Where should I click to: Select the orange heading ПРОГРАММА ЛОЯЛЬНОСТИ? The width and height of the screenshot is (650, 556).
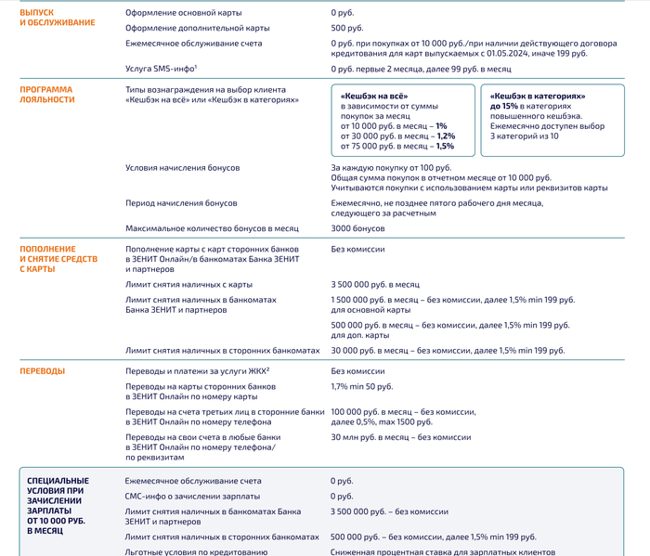click(46, 95)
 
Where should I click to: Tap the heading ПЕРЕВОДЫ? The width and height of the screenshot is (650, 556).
click(43, 371)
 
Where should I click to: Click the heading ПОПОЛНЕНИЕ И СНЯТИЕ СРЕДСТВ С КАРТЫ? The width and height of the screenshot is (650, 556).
click(58, 259)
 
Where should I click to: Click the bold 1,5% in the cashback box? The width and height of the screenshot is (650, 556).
click(445, 146)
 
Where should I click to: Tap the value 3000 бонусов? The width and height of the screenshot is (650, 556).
click(357, 228)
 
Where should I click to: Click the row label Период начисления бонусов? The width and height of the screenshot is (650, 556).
click(181, 202)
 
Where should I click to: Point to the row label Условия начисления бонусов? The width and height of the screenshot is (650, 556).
click(182, 167)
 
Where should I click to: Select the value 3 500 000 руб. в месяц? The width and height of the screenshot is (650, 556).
click(375, 284)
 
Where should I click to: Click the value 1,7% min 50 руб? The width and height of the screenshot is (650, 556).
click(361, 385)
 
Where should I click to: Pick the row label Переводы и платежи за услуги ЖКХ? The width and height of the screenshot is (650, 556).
click(191, 371)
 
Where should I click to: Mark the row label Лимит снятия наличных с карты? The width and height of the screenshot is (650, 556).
click(188, 284)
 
